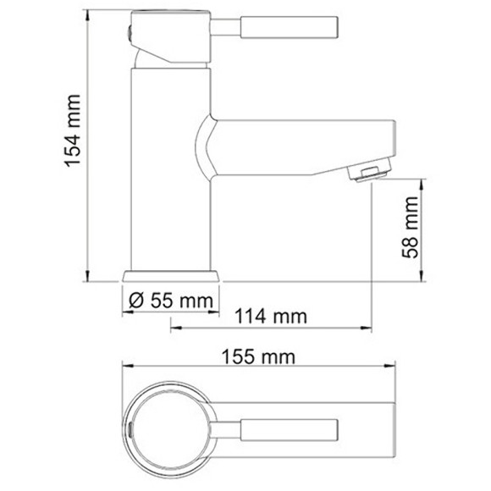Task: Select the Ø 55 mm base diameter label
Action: [x=170, y=300]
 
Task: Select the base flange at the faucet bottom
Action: [x=171, y=276]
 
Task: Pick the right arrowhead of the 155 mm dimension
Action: [x=392, y=367]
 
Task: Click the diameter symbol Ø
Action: [x=133, y=300]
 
